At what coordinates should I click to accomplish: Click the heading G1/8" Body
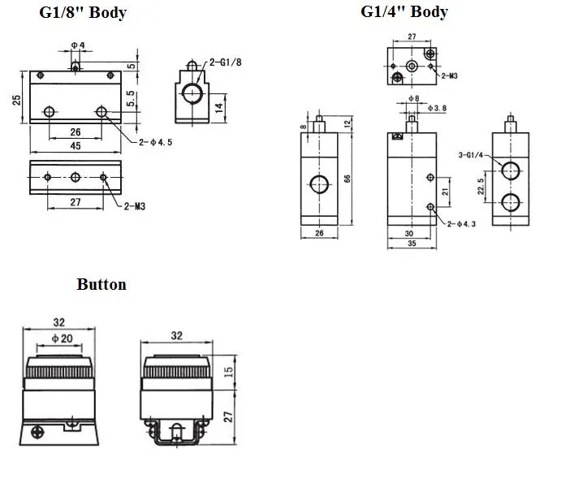[x=83, y=14]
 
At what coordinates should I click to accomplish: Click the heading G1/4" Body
[x=404, y=11]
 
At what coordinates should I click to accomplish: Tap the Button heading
[x=101, y=284]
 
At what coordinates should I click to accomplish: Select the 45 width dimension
[x=74, y=147]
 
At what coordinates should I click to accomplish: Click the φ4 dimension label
[x=78, y=44]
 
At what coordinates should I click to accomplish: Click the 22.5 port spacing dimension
[x=481, y=185]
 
